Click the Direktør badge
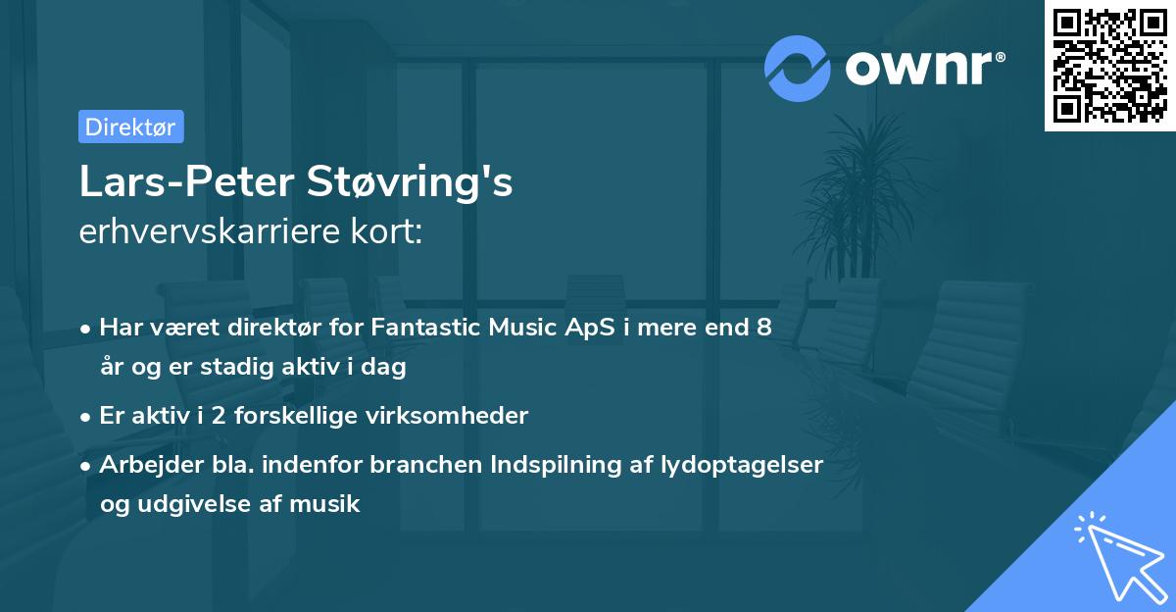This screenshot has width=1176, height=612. coord(130,127)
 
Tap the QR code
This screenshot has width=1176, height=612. coord(1108,66)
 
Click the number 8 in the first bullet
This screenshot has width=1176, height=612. coord(763,328)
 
